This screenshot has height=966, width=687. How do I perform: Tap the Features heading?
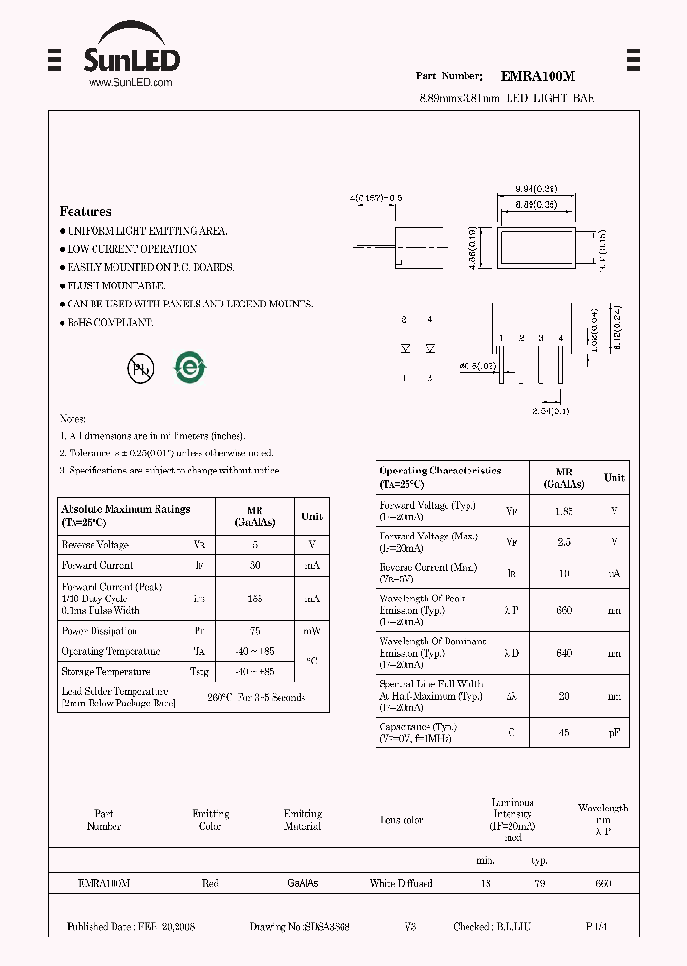pos(85,212)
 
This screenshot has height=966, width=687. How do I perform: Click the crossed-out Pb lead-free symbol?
pos(141,367)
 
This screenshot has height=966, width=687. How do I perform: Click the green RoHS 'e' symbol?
pos(189,367)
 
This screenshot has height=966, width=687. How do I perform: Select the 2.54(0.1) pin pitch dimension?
pos(552,410)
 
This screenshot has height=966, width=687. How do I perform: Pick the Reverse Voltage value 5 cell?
pos(254,545)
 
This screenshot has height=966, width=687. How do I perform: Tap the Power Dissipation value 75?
pos(254,631)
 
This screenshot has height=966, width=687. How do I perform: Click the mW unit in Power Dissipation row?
pos(312,631)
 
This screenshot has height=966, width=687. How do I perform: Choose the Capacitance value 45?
pos(564,732)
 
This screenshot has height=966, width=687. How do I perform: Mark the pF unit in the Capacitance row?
pos(614,732)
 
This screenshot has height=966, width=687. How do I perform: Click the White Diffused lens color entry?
pos(401,884)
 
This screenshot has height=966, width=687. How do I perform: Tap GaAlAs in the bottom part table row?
pos(302,884)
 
